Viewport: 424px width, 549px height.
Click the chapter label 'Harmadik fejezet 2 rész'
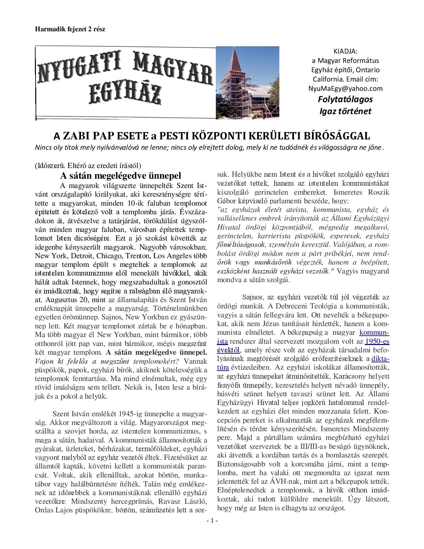point(70,29)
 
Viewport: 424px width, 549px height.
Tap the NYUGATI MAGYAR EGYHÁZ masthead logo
point(125,82)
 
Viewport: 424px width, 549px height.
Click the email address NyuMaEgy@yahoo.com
point(345,89)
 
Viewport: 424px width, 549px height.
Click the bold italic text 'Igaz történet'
point(345,111)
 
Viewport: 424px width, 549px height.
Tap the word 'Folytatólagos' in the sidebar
point(345,99)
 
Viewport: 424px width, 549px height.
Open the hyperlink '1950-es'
point(377,341)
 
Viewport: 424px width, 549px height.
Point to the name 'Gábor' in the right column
point(227,201)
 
